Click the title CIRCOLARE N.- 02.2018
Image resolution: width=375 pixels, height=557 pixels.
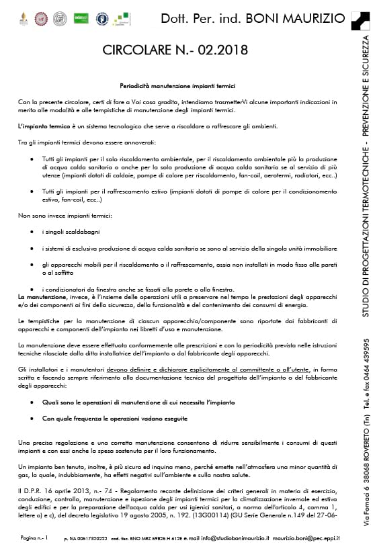[x=175, y=51]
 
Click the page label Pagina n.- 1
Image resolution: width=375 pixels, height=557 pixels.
[x=34, y=538]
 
